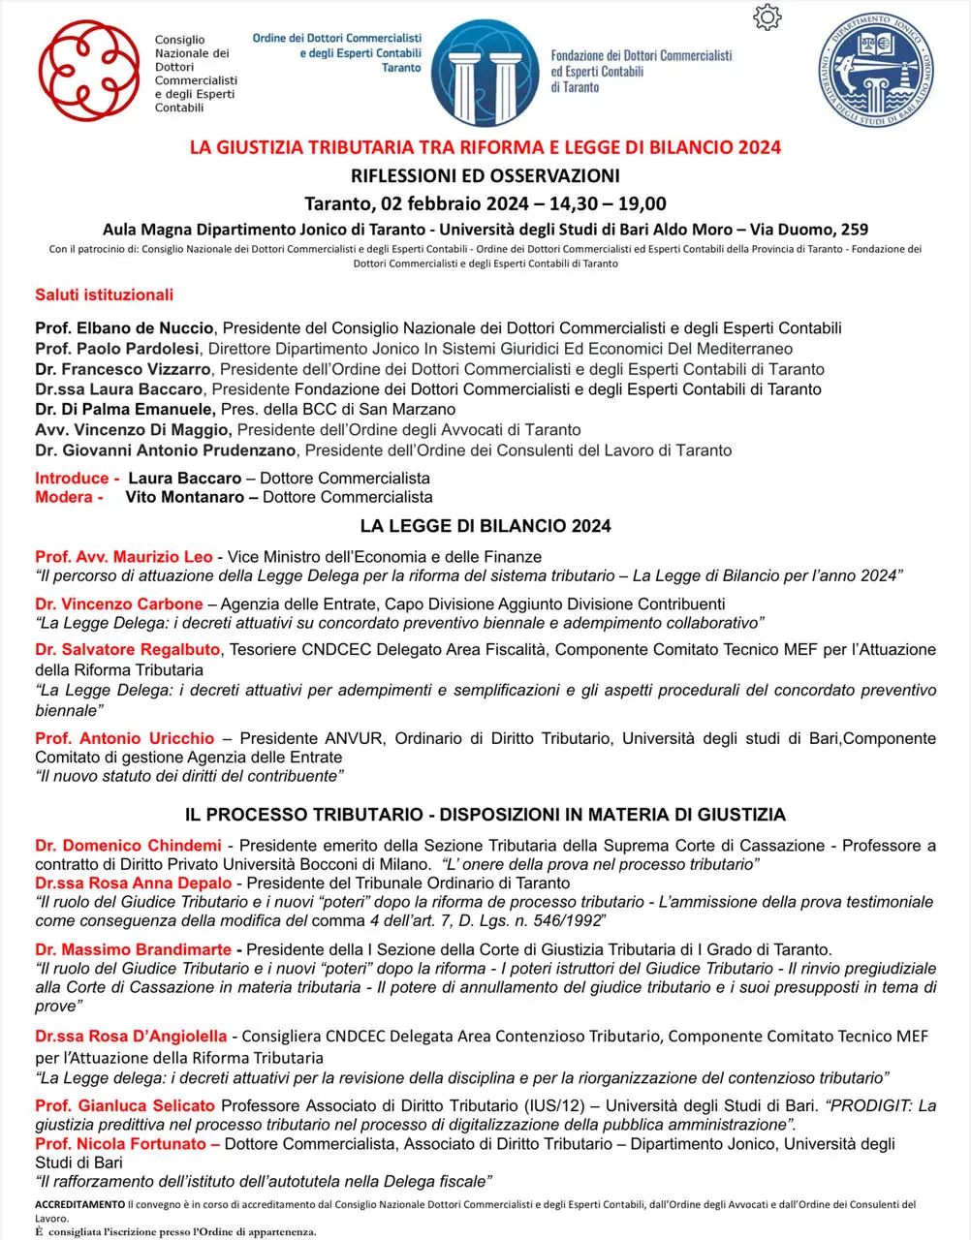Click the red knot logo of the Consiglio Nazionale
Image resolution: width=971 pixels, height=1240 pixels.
(88, 71)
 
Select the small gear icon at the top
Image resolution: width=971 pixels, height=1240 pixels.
(766, 17)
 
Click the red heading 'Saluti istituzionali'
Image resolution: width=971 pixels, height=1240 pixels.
(105, 294)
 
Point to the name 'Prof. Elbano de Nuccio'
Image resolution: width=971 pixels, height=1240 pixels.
(124, 328)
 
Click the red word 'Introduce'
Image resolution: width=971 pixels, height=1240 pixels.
(73, 478)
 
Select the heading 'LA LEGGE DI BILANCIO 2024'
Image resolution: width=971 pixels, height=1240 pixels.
(485, 526)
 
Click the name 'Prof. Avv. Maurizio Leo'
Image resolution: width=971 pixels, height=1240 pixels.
(124, 557)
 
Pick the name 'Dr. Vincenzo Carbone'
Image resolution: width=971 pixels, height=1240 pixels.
(119, 604)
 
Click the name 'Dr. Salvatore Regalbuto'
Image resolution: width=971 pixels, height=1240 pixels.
(128, 649)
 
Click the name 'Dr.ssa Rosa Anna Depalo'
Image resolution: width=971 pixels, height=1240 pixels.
(134, 883)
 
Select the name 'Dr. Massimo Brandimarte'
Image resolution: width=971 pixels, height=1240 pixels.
(134, 949)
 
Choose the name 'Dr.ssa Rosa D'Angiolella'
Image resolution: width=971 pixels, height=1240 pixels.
(131, 1037)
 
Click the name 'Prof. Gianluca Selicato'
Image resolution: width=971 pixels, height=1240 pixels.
(125, 1105)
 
